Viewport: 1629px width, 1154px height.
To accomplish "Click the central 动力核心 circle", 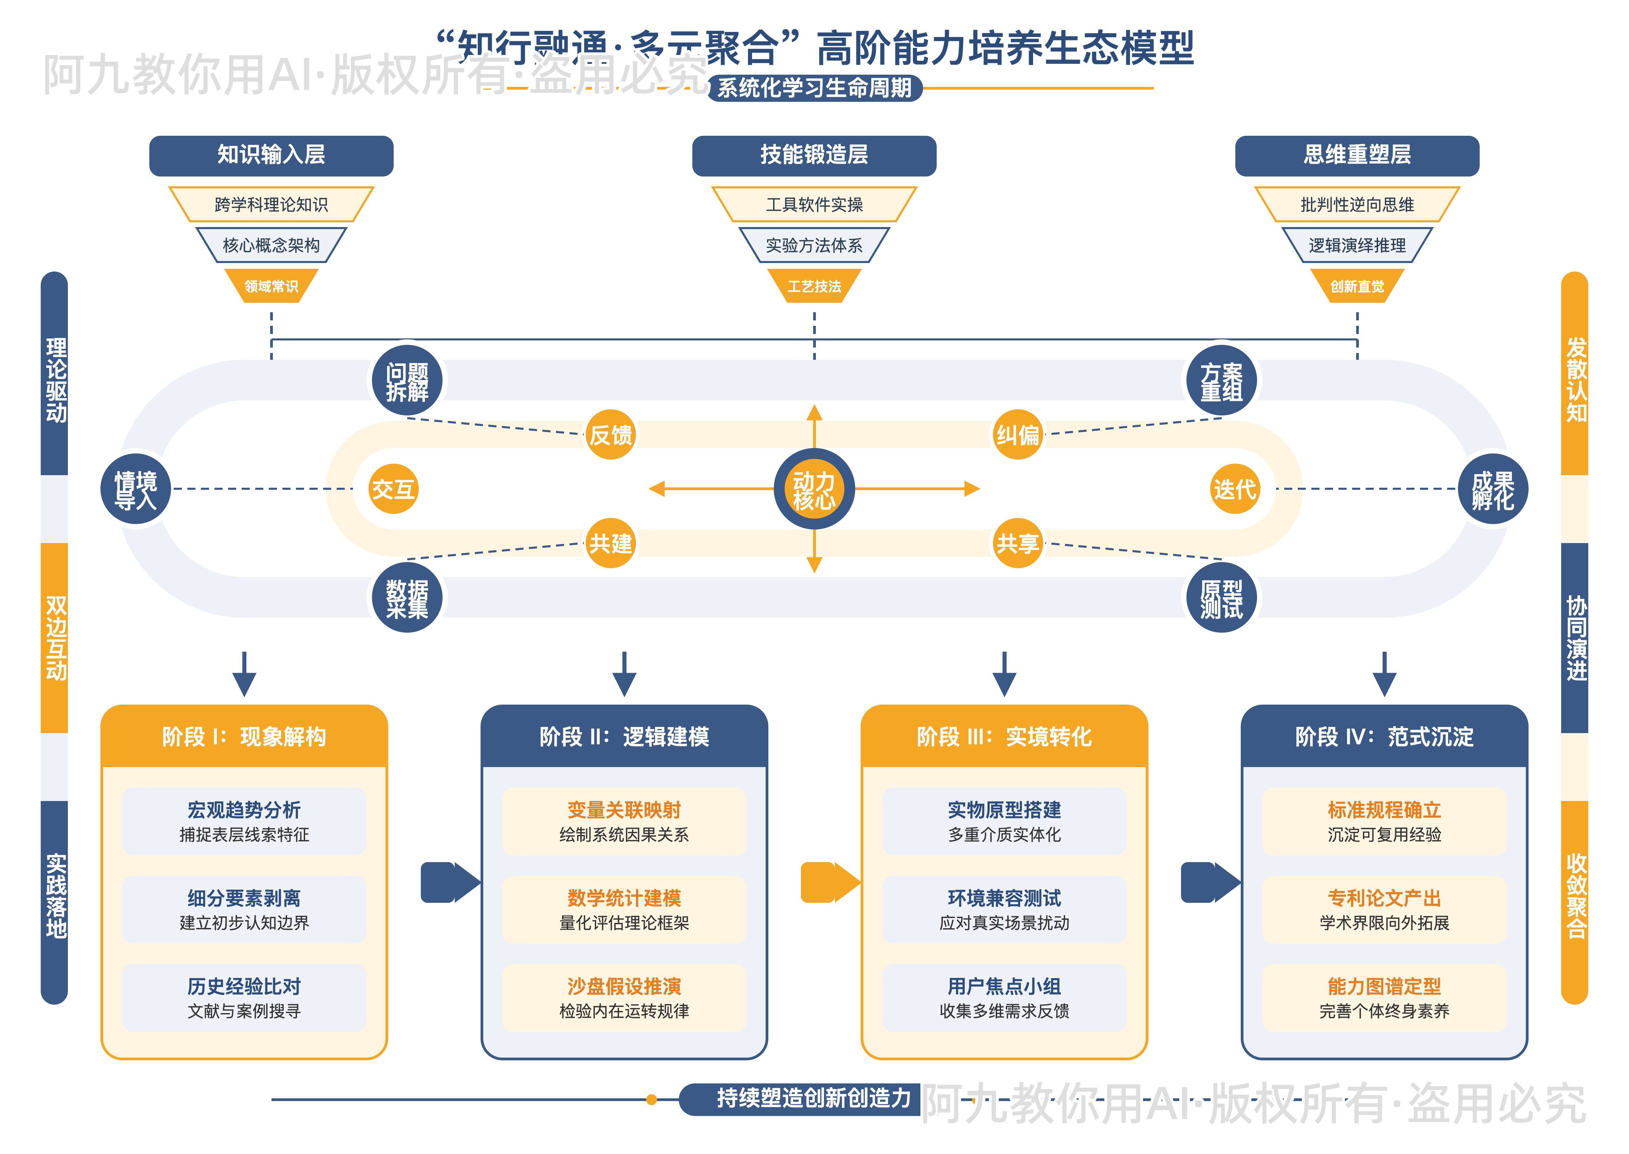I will pos(814,489).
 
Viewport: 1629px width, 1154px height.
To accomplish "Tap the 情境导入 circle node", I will pos(136,489).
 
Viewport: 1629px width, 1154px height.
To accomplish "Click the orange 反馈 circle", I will pos(610,434).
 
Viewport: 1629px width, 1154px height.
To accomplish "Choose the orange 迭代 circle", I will pos(1235,489).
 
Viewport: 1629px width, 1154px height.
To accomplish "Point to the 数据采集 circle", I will pos(407,598).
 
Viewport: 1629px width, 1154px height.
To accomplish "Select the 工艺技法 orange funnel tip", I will pos(814,286).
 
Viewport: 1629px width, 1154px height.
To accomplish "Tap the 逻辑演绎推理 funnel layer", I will pos(1357,245).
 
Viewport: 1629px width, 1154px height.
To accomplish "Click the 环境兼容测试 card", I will pos(1004,909).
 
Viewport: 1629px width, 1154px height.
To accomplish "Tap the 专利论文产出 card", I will pos(1384,909).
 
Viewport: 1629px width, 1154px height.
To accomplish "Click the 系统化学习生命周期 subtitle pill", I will pos(814,88).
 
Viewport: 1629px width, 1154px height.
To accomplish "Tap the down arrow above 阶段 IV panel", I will pos(1384,674).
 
